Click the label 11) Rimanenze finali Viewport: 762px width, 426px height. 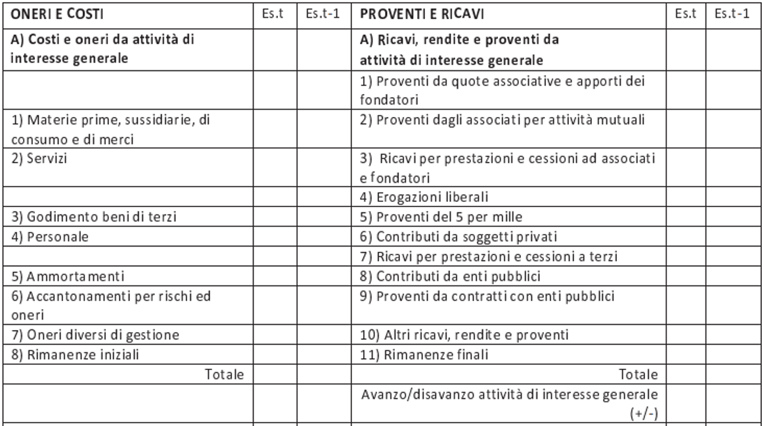coord(415,356)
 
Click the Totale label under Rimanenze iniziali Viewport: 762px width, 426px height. coord(225,375)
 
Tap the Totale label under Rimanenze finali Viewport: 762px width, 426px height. coord(639,375)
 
